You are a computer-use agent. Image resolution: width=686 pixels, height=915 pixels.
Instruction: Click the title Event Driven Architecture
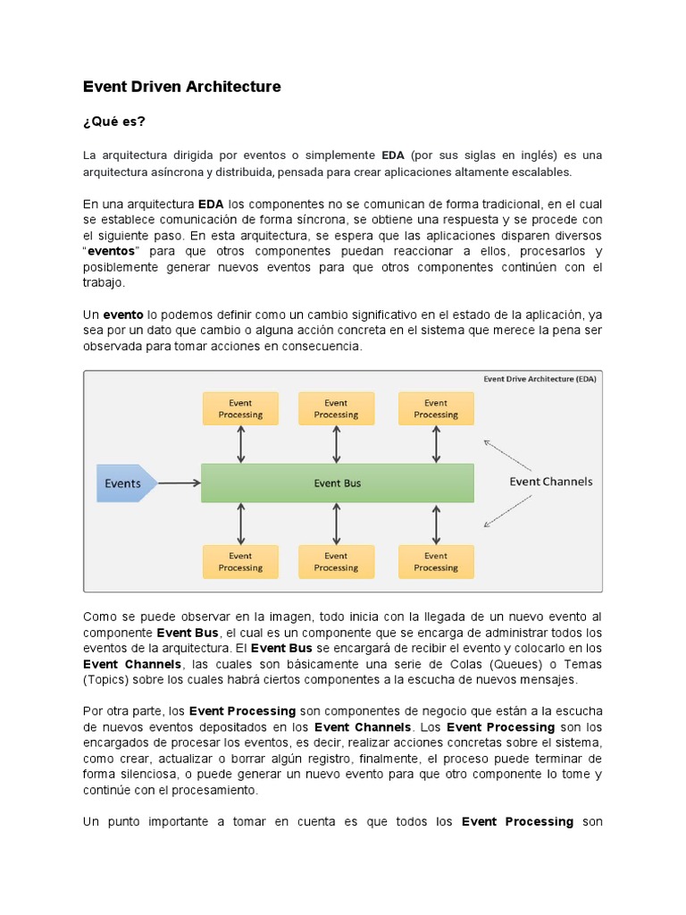tap(181, 87)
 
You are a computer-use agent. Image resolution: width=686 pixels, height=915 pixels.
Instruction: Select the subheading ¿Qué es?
tap(113, 122)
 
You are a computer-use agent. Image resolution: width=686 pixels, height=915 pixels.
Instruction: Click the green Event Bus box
tap(338, 483)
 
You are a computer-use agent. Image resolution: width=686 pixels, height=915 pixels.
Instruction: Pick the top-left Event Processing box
tap(240, 408)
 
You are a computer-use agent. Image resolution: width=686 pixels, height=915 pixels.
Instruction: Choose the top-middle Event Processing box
tap(336, 408)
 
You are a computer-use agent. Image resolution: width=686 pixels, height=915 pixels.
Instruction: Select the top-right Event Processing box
tap(436, 408)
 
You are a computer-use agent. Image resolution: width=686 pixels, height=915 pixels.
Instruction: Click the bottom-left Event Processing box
tap(240, 561)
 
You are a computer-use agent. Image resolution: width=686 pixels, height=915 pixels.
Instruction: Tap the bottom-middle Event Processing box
tap(336, 561)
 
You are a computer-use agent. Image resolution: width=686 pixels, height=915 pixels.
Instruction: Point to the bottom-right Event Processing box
tap(436, 561)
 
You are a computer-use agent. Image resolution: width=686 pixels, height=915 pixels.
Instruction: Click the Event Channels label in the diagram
tap(550, 482)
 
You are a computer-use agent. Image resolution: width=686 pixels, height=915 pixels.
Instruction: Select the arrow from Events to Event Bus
tap(180, 483)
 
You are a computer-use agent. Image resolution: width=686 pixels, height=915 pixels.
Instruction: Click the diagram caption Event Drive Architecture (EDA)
tap(540, 378)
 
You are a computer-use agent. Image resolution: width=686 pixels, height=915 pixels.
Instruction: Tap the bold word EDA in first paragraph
tap(392, 155)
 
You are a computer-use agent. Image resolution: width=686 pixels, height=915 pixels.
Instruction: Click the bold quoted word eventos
tap(113, 251)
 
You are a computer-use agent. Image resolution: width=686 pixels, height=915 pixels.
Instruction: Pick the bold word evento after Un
tap(123, 315)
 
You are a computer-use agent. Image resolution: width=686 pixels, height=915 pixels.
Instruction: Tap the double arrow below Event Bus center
tap(336, 524)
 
